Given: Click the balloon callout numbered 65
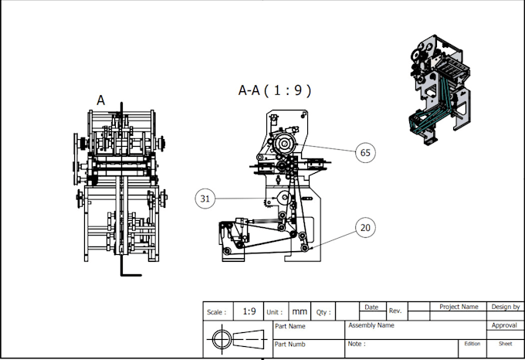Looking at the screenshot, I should click(x=365, y=153).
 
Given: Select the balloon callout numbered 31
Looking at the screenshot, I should click(x=205, y=199).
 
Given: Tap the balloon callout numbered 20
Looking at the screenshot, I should click(x=365, y=228).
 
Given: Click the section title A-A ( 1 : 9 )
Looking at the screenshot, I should click(x=274, y=90).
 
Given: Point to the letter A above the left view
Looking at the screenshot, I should click(x=100, y=100).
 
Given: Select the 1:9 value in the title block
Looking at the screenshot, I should click(x=249, y=312).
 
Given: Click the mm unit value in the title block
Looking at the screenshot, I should click(x=299, y=312).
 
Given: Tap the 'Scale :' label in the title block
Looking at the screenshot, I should click(x=217, y=313).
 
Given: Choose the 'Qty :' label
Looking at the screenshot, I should click(x=323, y=313).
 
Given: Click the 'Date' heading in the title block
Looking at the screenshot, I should click(x=371, y=307).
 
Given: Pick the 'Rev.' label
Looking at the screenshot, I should click(x=395, y=311).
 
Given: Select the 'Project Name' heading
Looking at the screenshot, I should click(x=459, y=307).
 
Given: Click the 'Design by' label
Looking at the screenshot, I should click(x=506, y=307).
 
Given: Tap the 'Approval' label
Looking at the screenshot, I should click(x=504, y=325).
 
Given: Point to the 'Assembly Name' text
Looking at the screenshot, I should click(x=371, y=325).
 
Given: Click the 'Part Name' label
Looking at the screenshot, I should click(x=290, y=326).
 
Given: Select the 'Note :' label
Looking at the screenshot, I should click(x=356, y=344).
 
